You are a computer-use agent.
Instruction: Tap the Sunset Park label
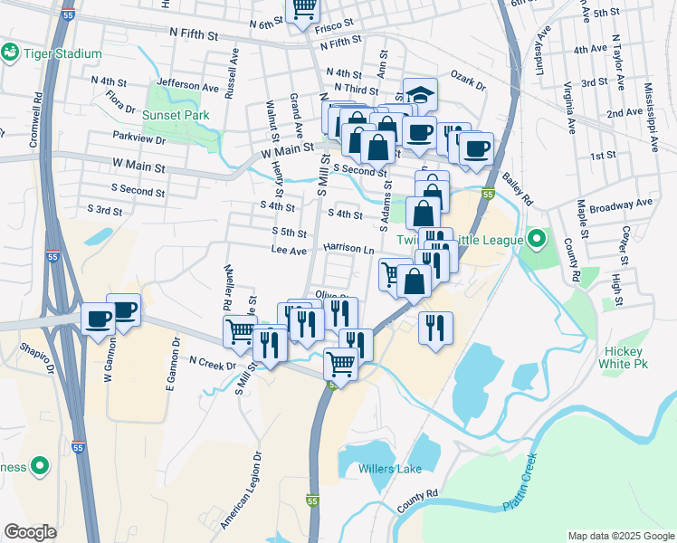pos(176,115)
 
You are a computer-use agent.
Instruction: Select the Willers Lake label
pos(389,469)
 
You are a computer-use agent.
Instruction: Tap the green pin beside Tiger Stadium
pos(11,53)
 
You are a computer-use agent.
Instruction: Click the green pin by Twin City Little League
pos(537,240)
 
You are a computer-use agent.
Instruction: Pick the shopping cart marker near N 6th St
pos(303,8)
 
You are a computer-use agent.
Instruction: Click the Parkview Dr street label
pos(140,139)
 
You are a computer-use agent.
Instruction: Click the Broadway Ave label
pos(621,206)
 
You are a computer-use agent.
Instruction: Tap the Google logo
pos(31,532)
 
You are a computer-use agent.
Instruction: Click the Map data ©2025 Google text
pos(619,536)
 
